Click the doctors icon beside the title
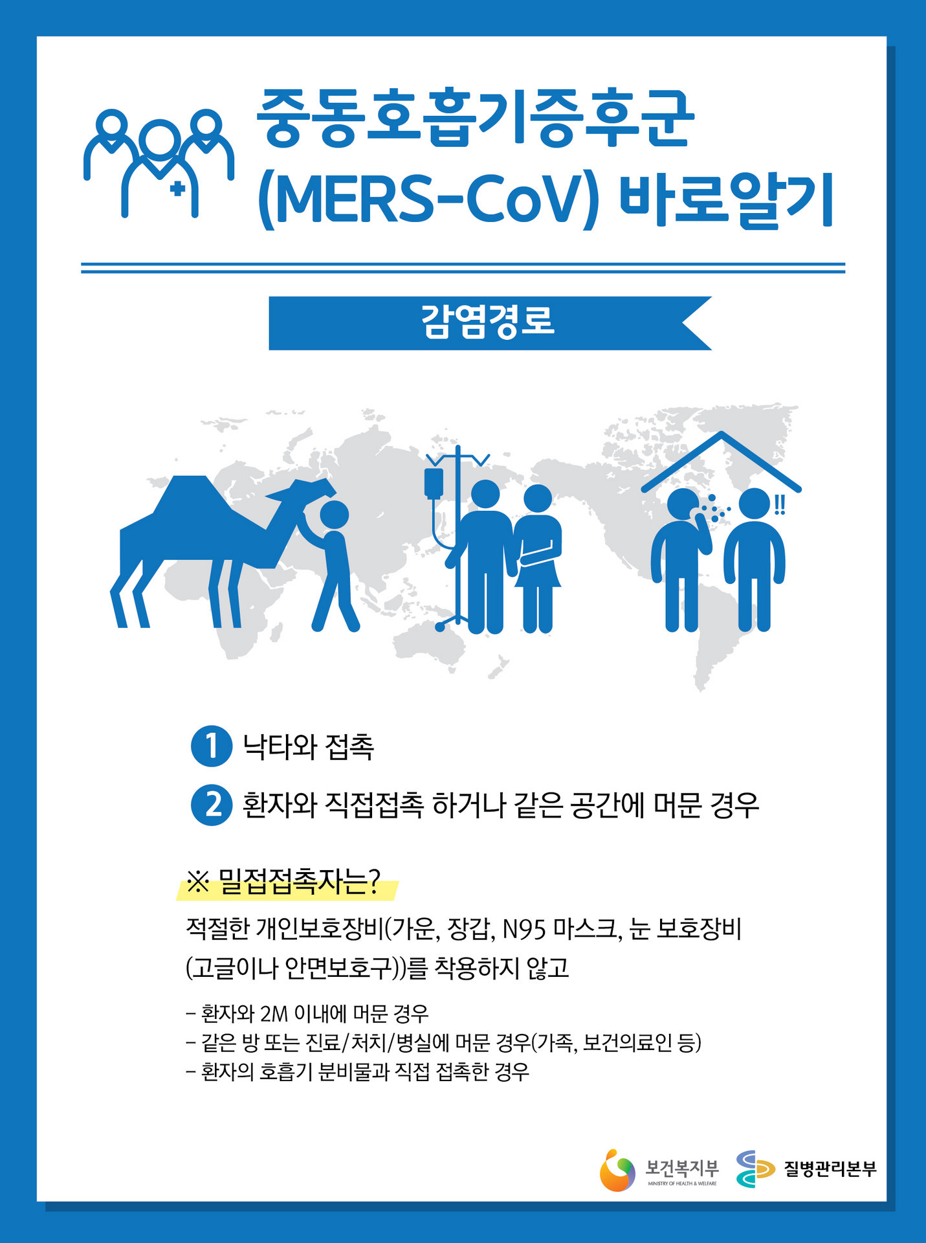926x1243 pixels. (159, 162)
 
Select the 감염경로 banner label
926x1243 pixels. (488, 322)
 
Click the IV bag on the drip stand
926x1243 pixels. (433, 483)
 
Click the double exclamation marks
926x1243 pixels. (780, 504)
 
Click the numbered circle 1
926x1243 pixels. (212, 746)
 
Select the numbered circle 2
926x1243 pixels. (212, 805)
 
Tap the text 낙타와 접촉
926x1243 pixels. (308, 746)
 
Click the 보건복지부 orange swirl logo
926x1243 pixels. (617, 1170)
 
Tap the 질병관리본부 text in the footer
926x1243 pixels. (830, 1169)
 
